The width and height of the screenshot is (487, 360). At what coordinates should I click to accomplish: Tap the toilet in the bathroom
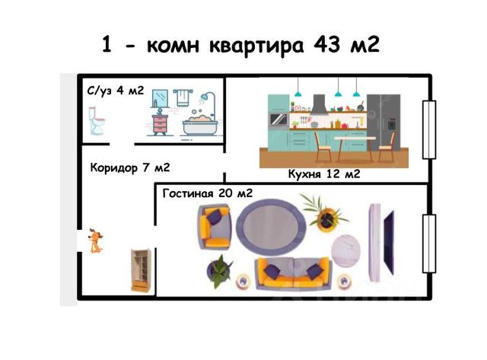95,121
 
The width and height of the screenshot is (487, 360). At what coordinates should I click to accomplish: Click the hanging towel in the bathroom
183,97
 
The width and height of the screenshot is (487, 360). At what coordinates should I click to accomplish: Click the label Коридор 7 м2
129,167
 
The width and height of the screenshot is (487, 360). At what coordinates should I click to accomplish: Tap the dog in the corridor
95,241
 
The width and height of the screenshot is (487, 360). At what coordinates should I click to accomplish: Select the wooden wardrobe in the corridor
139,270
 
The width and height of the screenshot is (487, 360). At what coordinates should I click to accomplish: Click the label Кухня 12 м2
323,174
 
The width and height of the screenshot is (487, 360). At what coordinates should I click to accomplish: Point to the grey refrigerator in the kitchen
382,122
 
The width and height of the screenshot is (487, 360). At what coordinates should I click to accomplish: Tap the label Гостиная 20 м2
207,193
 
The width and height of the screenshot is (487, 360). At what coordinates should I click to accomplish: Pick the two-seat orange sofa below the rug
292,275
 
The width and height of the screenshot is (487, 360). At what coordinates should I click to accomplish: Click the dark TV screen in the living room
389,242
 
